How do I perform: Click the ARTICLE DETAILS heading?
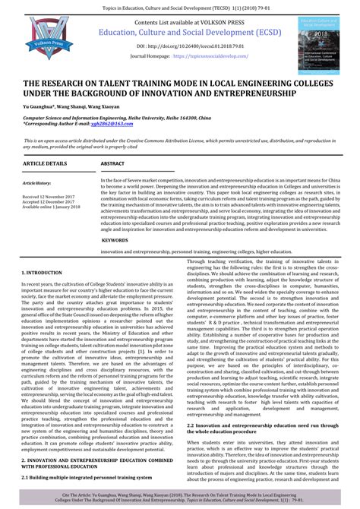(45, 163)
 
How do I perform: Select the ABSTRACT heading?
(112, 163)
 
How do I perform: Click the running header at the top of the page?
(180, 5)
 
